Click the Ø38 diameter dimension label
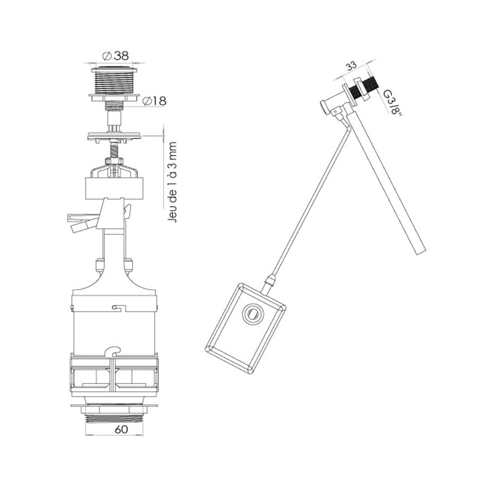point(115,56)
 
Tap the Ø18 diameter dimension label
point(154,101)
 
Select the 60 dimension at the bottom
point(121,430)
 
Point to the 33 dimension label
point(351,66)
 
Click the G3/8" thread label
point(392,102)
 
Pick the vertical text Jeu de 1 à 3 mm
point(172,182)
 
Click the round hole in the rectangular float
point(253,314)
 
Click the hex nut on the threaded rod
point(114,161)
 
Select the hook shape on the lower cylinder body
point(114,351)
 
